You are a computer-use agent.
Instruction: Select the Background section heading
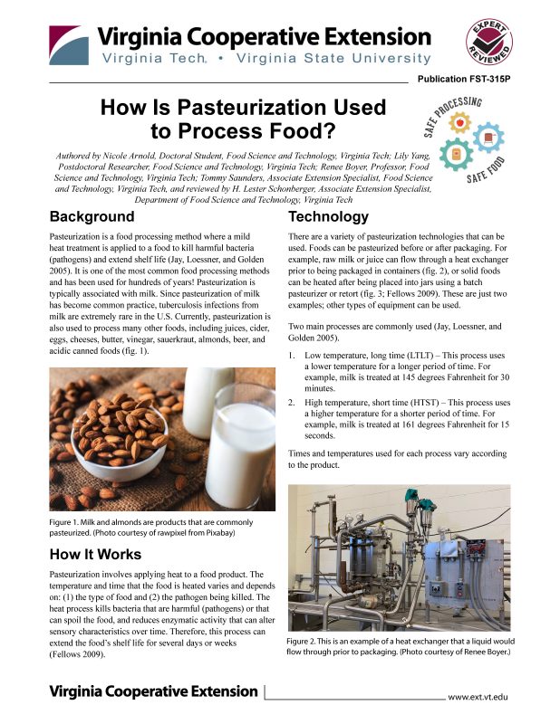coord(92,217)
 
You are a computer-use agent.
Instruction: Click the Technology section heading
coord(327,217)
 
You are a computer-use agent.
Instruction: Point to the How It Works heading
coord(95,554)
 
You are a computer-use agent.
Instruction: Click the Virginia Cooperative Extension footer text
coord(153,691)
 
